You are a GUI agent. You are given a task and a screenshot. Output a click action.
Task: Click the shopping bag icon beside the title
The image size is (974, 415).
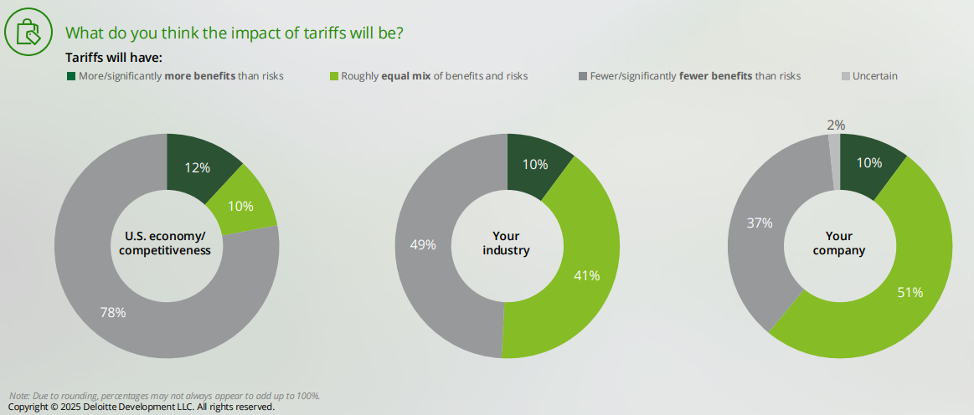(27, 31)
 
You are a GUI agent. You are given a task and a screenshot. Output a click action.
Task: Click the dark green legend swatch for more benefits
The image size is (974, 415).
(71, 76)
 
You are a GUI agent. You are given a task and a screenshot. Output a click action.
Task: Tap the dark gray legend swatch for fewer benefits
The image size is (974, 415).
(582, 76)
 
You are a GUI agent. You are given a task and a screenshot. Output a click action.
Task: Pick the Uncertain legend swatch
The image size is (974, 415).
(845, 76)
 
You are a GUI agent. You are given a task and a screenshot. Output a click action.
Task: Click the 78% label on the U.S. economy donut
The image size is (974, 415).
(112, 313)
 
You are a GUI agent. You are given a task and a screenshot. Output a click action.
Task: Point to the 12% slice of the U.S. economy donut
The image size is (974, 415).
(198, 167)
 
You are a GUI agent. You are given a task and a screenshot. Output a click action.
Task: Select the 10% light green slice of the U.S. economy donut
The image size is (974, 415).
(240, 206)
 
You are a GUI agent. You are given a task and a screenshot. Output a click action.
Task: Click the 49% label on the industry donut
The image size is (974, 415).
(422, 245)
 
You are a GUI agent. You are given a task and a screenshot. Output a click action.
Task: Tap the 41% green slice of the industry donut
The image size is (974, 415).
(586, 275)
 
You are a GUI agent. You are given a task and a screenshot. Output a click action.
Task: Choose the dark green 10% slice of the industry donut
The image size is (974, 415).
(536, 165)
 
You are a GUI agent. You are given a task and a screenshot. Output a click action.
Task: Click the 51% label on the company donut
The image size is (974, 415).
(910, 292)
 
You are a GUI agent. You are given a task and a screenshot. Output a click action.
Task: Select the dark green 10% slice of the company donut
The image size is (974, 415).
(868, 163)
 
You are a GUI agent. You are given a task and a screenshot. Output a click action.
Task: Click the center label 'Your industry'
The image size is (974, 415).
(508, 243)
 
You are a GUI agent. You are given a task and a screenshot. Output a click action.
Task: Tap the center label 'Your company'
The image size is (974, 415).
(840, 243)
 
